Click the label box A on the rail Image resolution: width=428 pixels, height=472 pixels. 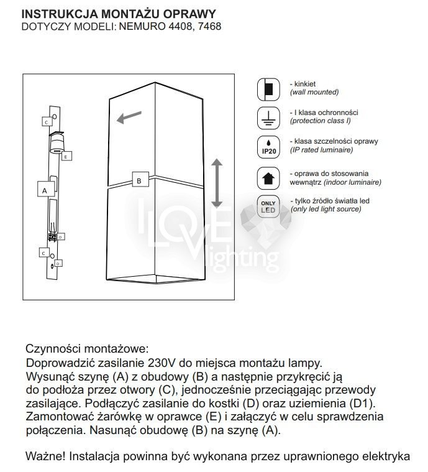[44, 188]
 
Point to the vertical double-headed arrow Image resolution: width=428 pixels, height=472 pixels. [216, 183]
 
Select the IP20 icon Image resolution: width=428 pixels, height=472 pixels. [268, 146]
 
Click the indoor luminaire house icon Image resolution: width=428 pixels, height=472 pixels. [268, 177]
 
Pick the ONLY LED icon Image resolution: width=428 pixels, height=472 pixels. [268, 206]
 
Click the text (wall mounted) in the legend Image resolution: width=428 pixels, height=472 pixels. [314, 92]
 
